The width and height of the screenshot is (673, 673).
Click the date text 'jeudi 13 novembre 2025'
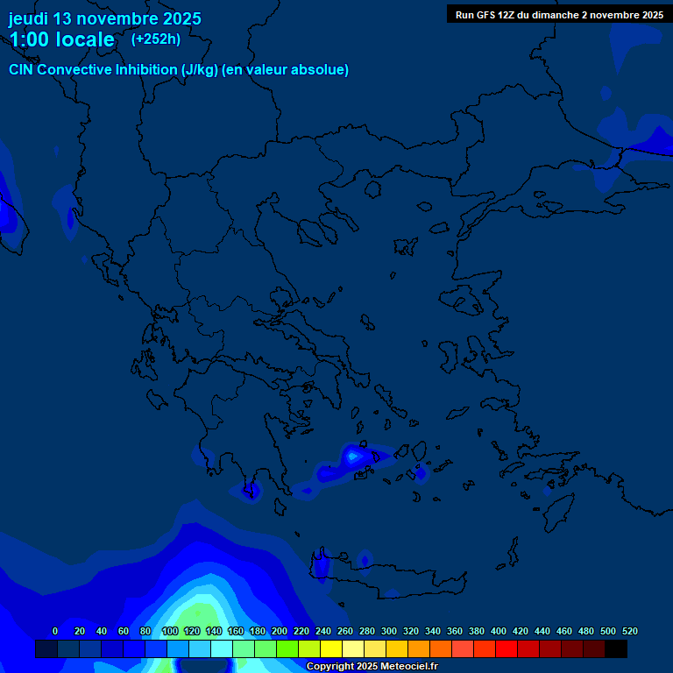[104, 18]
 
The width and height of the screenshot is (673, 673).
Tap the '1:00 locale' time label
[61, 39]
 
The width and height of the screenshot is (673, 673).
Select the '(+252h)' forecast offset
[156, 39]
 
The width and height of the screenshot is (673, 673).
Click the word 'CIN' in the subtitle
[23, 70]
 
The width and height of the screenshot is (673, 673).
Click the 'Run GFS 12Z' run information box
[559, 14]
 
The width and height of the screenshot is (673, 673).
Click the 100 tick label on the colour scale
[170, 631]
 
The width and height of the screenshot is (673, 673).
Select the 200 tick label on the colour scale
[280, 631]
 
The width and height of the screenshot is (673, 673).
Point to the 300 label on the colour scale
[389, 631]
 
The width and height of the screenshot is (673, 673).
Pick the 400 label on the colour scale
[499, 631]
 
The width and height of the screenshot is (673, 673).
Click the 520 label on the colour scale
[629, 631]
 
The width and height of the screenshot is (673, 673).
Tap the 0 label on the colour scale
[55, 631]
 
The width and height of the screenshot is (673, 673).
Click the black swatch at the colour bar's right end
[616, 648]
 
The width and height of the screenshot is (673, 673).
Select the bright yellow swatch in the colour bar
[330, 648]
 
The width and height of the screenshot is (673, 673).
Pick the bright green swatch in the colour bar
[287, 648]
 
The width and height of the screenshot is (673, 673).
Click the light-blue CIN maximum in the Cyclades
[353, 456]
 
